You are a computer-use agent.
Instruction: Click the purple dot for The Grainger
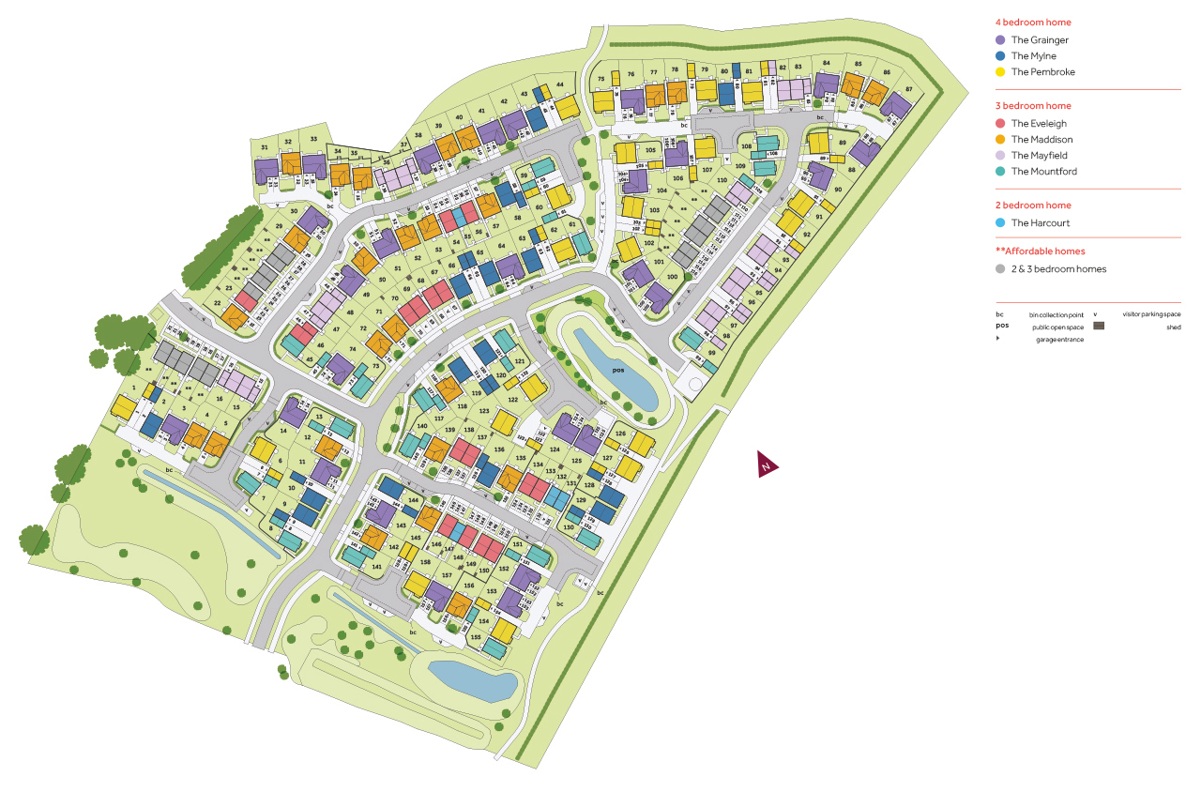click(x=1000, y=40)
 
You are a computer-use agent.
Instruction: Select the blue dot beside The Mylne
click(x=1000, y=56)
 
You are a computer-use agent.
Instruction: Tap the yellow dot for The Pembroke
click(x=1000, y=72)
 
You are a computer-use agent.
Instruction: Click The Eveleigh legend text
click(x=1039, y=124)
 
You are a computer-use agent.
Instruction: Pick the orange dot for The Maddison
click(x=1000, y=140)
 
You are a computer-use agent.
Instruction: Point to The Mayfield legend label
click(x=1039, y=156)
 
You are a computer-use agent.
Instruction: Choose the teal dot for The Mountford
click(x=1000, y=172)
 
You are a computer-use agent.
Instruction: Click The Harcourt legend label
click(x=1040, y=223)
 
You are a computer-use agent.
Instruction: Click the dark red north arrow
click(x=768, y=464)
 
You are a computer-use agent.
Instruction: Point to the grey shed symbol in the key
click(x=1099, y=327)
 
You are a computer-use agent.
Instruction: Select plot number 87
click(x=908, y=89)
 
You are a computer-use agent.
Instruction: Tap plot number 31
click(x=265, y=148)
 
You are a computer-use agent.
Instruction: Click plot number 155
click(x=476, y=637)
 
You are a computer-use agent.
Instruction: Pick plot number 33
click(x=312, y=140)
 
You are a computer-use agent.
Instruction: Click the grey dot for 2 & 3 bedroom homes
click(x=1000, y=269)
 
